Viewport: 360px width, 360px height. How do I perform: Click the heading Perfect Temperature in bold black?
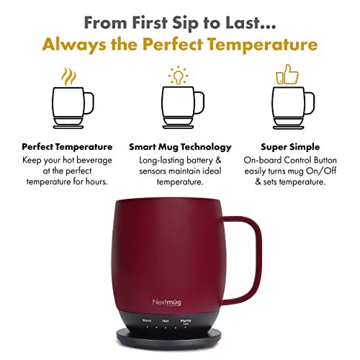(67, 147)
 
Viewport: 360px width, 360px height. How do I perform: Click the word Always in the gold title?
(76, 45)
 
